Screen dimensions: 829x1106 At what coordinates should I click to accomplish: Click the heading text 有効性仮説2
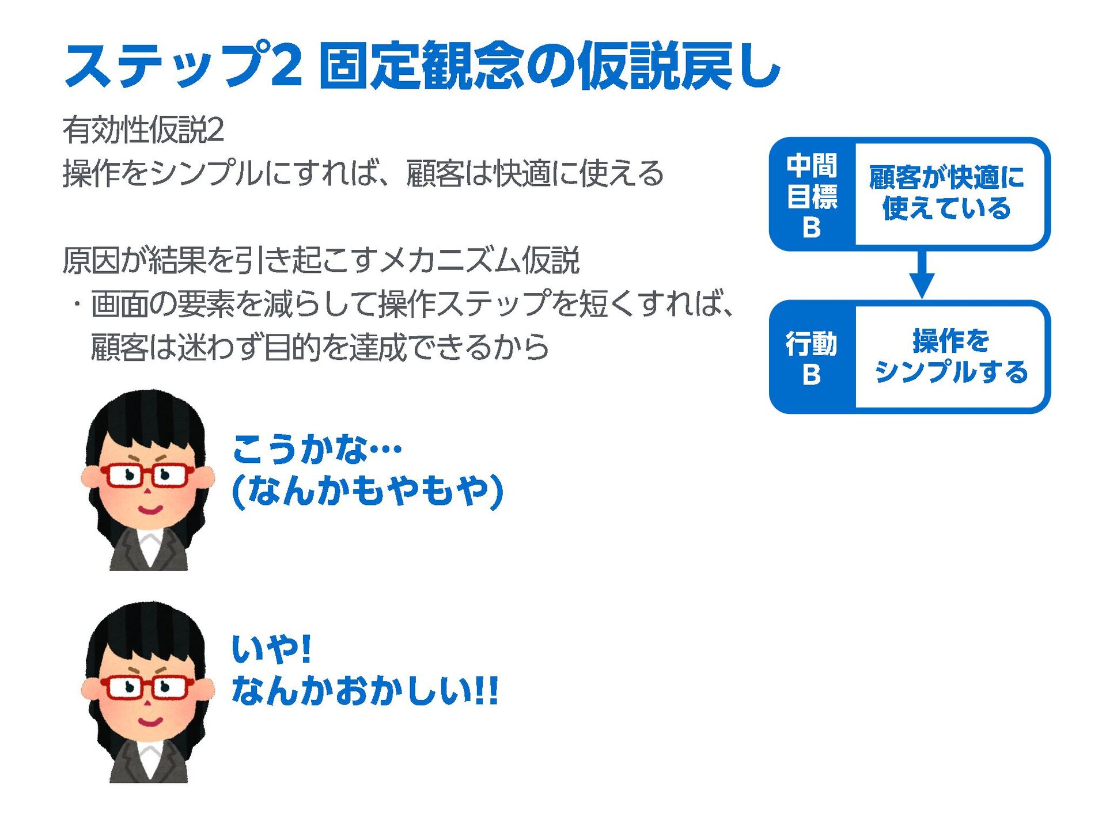[143, 130]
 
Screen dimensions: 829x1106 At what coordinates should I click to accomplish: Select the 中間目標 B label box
[812, 195]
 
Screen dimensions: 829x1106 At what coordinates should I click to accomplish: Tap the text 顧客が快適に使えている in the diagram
[946, 193]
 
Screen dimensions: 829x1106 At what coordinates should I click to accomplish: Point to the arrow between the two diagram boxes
[922, 275]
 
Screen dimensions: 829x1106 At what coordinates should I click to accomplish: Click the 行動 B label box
[812, 357]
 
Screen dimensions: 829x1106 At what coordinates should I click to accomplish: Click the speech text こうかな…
[317, 449]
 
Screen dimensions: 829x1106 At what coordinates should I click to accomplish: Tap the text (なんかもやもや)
[368, 491]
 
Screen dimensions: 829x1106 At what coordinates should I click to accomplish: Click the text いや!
[271, 649]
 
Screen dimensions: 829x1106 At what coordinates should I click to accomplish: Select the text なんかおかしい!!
[365, 691]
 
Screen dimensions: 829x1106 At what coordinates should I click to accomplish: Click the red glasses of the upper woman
[147, 476]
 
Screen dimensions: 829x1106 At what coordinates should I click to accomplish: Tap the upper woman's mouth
[150, 510]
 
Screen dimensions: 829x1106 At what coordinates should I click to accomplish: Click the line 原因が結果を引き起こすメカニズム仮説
[320, 260]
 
